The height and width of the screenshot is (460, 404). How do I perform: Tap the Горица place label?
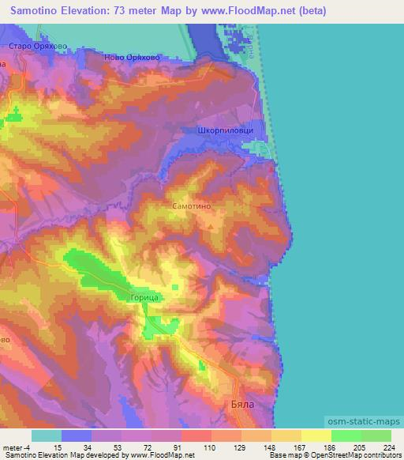[146, 297]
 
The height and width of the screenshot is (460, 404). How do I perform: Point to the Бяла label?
[261, 402]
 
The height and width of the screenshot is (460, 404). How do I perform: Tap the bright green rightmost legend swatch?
[376, 435]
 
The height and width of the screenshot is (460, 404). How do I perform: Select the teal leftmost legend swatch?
[47, 435]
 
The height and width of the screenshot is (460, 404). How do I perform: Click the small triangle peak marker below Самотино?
[210, 225]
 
